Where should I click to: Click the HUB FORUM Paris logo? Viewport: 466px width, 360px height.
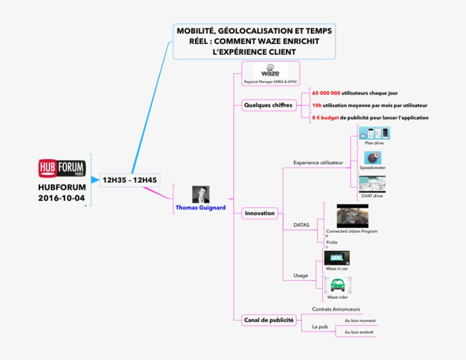[61, 168]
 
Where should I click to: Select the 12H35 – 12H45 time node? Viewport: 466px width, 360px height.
[130, 180]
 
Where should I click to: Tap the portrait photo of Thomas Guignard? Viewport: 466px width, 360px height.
[200, 195]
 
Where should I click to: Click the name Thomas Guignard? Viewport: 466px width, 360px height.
[200, 208]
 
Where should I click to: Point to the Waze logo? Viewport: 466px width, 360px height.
[270, 72]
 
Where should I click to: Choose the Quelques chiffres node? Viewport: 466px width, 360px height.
[268, 105]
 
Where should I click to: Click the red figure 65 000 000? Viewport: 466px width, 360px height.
[326, 93]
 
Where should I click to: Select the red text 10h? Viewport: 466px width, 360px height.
[317, 105]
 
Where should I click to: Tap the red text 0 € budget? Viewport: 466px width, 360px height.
[325, 118]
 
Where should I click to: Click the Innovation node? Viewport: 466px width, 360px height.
[259, 213]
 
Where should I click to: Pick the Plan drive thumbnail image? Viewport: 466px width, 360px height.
[374, 133]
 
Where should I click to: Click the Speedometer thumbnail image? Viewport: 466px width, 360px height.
[372, 158]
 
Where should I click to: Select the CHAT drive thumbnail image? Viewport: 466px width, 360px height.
[372, 184]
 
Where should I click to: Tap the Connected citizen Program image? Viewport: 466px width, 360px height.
[352, 216]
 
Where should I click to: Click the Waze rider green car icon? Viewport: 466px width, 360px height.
[337, 285]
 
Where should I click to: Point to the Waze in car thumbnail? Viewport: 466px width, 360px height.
[336, 258]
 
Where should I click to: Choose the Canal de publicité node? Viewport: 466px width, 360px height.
[268, 320]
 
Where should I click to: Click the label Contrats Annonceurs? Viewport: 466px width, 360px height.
[336, 309]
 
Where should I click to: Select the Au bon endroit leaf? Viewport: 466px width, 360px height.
[359, 332]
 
